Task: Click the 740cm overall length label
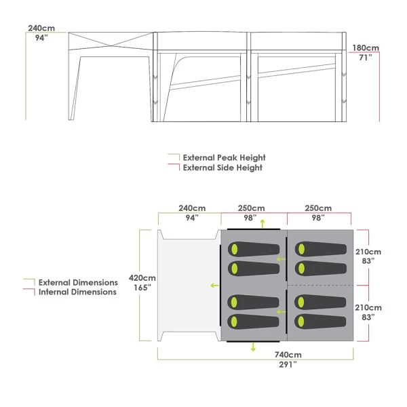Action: (288, 355)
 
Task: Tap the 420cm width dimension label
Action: (142, 278)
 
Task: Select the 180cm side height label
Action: (366, 48)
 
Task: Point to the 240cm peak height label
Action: (41, 28)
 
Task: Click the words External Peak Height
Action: (225, 158)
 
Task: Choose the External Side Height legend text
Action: (222, 168)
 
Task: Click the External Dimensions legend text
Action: (78, 282)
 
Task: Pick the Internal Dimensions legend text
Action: (77, 292)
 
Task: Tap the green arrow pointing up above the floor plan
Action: (263, 223)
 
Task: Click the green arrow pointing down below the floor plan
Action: (253, 347)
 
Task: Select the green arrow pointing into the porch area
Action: (214, 286)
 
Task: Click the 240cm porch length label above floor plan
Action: (192, 208)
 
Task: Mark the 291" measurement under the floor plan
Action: (288, 364)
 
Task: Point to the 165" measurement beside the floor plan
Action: (142, 288)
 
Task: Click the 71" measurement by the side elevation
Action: (366, 58)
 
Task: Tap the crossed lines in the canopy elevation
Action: (111, 46)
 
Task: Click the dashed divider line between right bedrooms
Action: (320, 286)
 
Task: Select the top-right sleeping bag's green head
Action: (301, 249)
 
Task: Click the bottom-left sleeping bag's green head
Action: (234, 322)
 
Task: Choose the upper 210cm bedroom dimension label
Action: (368, 252)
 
